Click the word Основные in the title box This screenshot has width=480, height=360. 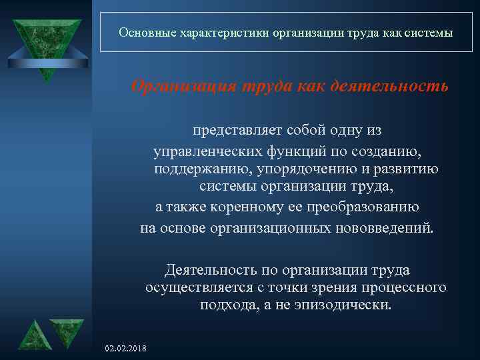coord(142,32)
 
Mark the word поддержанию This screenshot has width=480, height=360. coord(195,169)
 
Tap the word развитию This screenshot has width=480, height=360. coord(406,169)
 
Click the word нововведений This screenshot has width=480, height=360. coord(386,229)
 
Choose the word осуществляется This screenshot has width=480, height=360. coord(203,288)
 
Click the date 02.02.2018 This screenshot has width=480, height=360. coord(127,349)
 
